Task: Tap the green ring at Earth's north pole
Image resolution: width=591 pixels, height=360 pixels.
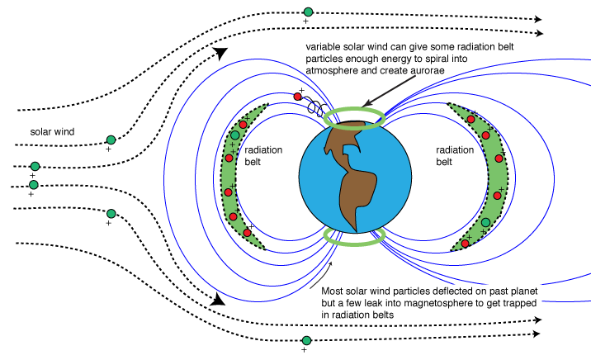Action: coord(355,117)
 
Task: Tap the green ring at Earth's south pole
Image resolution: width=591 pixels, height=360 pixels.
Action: coord(353,237)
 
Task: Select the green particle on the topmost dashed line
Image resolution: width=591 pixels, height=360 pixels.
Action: coord(308,12)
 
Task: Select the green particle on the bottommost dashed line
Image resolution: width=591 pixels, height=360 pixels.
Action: coord(306,340)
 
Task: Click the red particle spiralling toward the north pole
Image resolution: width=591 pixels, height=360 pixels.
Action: coord(299,97)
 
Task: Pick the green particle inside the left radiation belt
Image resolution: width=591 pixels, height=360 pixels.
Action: coord(235,134)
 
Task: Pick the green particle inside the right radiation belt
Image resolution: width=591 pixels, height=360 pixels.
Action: coord(485,222)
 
